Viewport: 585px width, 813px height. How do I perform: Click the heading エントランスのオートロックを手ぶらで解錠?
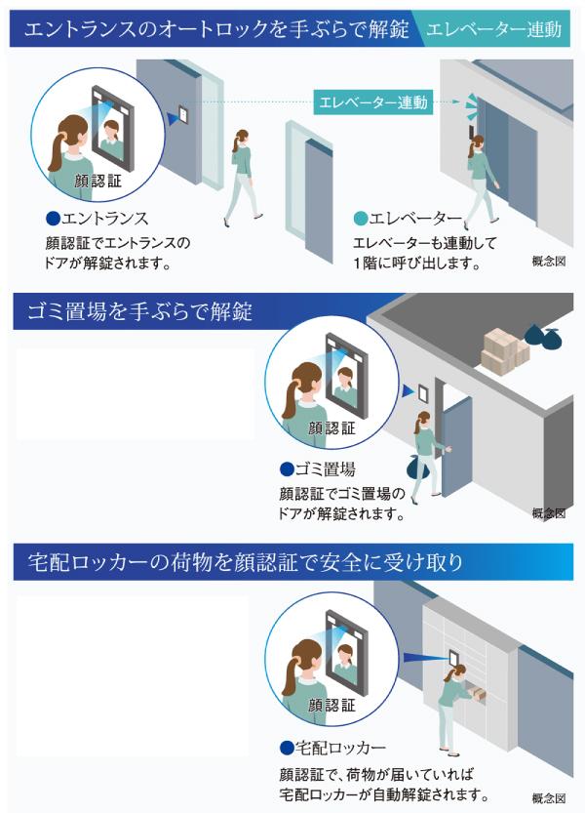216,29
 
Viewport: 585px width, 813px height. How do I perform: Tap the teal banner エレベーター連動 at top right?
493,29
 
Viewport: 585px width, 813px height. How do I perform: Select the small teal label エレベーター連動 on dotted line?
373,102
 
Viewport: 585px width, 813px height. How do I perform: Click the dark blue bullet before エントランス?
53,219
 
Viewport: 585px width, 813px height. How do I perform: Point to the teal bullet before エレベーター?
360,219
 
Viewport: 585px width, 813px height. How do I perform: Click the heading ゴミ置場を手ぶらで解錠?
139,311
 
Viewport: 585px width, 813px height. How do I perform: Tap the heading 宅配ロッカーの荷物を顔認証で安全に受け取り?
245,562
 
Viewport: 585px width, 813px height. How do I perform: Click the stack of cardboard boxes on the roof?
504,351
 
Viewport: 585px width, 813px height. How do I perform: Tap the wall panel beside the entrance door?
183,115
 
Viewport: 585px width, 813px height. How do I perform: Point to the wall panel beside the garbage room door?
422,393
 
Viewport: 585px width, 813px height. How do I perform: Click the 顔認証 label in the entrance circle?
97,181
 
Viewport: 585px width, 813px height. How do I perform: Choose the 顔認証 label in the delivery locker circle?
332,705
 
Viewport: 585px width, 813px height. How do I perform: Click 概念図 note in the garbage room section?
549,513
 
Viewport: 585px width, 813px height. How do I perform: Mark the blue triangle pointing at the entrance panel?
172,119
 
